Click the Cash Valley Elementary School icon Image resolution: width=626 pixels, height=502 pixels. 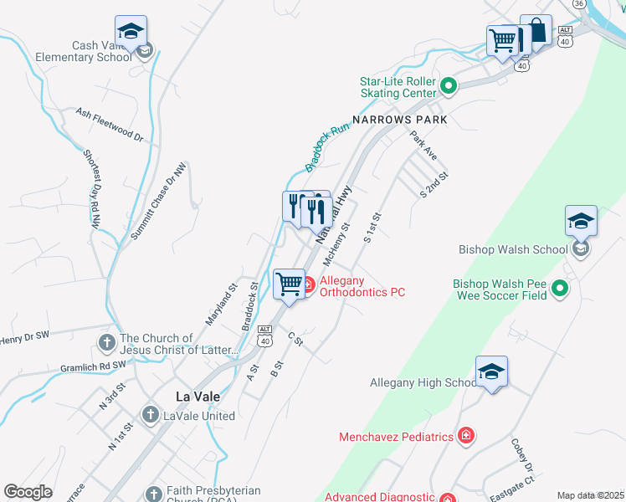[131, 32]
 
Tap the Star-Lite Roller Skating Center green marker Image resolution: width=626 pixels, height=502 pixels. [449, 85]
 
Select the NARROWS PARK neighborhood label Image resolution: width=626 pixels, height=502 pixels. [399, 120]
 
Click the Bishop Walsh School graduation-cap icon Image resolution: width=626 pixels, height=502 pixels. [581, 222]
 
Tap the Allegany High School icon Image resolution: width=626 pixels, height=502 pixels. [491, 372]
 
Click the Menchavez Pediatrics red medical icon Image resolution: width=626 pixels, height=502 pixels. [466, 436]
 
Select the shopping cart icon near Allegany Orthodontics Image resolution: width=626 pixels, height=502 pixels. [289, 283]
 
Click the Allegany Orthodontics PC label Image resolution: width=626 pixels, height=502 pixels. [362, 285]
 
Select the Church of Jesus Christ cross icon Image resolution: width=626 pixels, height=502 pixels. [106, 342]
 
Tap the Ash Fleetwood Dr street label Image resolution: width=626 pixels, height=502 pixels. [110, 122]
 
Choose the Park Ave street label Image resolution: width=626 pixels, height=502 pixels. [423, 144]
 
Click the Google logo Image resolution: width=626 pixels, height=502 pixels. [28, 492]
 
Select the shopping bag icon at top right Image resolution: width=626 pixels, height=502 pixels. [536, 32]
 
